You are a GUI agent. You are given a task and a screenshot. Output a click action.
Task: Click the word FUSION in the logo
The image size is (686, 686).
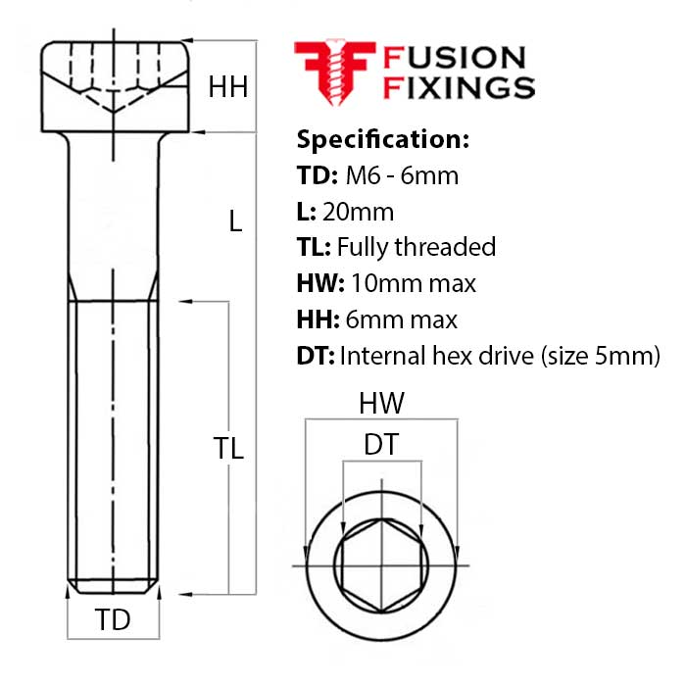[455, 57]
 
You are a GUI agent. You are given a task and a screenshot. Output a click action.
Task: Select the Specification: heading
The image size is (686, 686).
[382, 138]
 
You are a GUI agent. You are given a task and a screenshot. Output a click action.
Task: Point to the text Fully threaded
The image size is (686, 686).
[416, 247]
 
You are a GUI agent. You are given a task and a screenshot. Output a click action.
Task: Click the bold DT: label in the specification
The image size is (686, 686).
[315, 356]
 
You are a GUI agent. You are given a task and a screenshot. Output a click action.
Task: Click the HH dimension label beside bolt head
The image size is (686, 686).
[227, 87]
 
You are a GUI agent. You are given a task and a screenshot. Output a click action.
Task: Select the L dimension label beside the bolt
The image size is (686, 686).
[234, 221]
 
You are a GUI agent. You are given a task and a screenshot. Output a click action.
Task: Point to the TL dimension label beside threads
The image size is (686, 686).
[228, 448]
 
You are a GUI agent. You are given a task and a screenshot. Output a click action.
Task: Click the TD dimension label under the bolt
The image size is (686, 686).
[112, 620]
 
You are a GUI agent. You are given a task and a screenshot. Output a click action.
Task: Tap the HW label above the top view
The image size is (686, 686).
[381, 403]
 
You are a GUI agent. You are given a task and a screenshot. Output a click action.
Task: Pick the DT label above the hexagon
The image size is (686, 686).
[381, 444]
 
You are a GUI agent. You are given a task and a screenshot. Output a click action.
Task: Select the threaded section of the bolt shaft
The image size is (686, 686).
[115, 441]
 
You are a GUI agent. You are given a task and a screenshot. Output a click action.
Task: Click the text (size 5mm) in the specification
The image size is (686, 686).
[600, 356]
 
